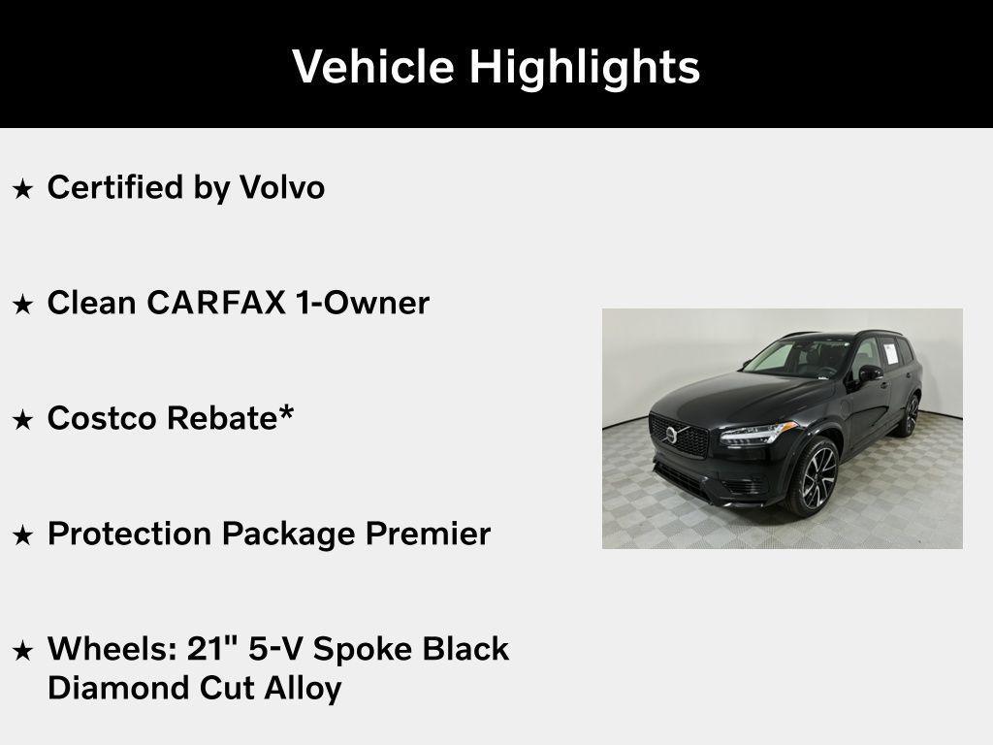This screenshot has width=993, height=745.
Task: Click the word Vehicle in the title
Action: [373, 66]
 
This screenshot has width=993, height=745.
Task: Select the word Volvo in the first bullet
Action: [282, 187]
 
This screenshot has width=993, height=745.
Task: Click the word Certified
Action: [115, 187]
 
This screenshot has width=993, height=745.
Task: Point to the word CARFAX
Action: [216, 303]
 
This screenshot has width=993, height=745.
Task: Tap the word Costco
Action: [101, 418]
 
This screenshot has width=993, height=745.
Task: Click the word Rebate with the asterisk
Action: [231, 418]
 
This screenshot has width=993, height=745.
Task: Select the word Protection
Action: [129, 534]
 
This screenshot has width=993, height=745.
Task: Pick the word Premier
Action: [428, 534]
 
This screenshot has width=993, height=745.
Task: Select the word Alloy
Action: [303, 690]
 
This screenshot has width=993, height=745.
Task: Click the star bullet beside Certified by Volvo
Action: [23, 188]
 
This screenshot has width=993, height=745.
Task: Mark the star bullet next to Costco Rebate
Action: [23, 419]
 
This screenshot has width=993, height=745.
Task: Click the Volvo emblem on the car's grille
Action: [671, 435]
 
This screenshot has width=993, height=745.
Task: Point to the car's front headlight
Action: [757, 434]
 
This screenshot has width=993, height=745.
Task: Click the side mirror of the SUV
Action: [870, 373]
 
